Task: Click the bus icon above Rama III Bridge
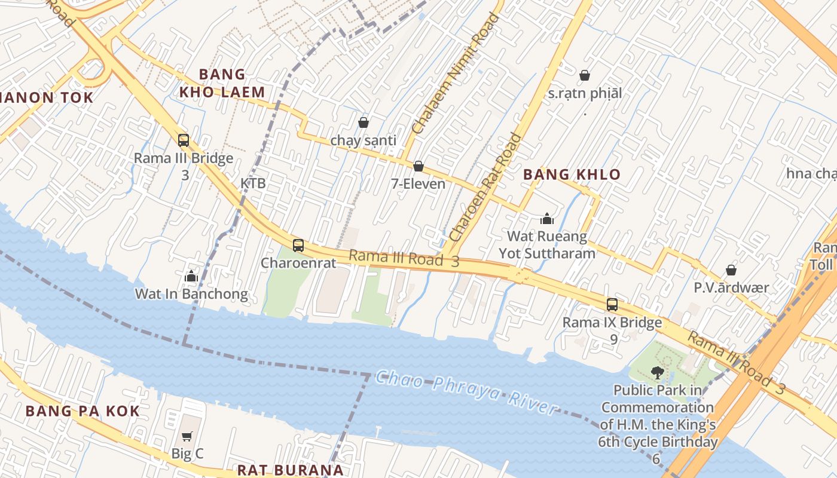[x=184, y=140]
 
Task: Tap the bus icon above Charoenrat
[x=298, y=245]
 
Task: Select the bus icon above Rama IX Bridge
[x=612, y=304]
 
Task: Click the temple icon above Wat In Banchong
[x=191, y=276]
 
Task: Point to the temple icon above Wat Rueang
[x=547, y=219]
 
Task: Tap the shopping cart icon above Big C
[x=187, y=436]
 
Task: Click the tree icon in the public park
[x=657, y=373]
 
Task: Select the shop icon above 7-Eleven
[x=418, y=166]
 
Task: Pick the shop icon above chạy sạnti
[x=363, y=122]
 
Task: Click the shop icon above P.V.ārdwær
[x=731, y=270]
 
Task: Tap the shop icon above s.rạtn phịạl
[x=585, y=75]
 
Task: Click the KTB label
[x=253, y=183]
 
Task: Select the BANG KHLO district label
[x=572, y=174]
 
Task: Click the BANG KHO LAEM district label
[x=222, y=83]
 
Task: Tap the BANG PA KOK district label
[x=83, y=411]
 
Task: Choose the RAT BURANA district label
[x=291, y=470]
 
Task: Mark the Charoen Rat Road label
[x=485, y=188]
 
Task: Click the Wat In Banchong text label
[x=191, y=294]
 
